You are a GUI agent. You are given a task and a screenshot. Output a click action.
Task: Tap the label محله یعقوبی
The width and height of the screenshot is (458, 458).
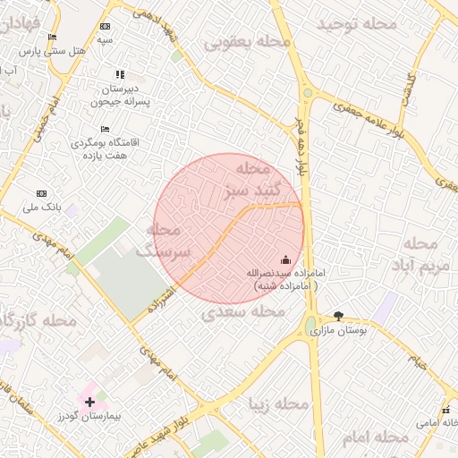pos(248,42)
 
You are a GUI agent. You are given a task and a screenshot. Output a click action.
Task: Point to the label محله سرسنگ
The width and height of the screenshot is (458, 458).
pos(164,242)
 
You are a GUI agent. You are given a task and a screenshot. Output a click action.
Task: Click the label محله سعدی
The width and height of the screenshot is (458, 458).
pos(242,312)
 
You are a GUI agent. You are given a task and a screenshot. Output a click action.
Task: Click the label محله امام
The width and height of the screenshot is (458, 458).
pos(376,437)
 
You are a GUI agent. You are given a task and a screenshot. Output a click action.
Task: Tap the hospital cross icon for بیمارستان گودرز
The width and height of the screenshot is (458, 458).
pos(89,402)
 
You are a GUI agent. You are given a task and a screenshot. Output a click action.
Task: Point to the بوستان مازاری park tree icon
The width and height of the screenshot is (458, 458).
pos(338,316)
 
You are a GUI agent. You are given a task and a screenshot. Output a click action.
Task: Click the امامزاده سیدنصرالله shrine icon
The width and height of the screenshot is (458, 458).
pos(285,259)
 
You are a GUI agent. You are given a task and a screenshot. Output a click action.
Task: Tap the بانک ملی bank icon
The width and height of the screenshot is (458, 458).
pos(41,193)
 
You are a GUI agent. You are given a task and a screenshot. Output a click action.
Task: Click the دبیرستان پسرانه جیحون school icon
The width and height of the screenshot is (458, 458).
pos(120,74)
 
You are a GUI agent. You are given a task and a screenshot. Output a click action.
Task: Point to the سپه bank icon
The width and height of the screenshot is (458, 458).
pos(106,27)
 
